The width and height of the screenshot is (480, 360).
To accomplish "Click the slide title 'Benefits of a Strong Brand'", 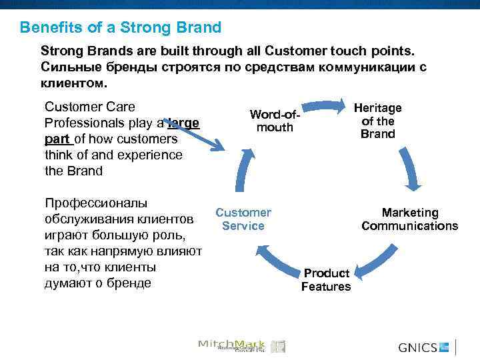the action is tap(120, 28).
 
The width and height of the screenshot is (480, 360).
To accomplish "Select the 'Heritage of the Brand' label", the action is tap(377, 121).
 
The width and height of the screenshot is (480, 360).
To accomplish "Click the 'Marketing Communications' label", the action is tap(409, 219).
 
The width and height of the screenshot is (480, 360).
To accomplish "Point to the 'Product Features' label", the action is tap(326, 280).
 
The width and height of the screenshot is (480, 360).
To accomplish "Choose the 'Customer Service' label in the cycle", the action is tap(243, 219).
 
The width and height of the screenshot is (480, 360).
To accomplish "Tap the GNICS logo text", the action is tap(418, 347).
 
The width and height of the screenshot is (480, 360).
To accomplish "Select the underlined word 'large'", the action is tap(184, 123).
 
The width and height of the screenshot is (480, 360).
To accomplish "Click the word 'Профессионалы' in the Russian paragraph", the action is tap(86, 203).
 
